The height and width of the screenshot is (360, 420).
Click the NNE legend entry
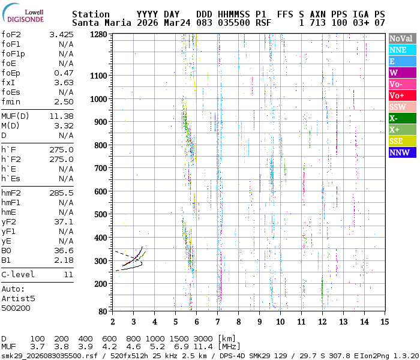(x=402, y=50)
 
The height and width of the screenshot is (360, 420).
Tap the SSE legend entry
(x=402, y=141)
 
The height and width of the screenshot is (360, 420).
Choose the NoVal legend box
(x=402, y=38)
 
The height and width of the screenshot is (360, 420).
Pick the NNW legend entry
(x=402, y=152)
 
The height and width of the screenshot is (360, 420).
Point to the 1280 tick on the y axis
(x=98, y=35)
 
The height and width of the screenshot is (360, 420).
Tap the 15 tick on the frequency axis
(x=384, y=322)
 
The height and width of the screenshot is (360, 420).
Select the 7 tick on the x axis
(x=217, y=322)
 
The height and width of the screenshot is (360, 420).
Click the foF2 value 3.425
(x=61, y=35)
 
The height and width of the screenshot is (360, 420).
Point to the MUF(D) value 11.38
(x=61, y=116)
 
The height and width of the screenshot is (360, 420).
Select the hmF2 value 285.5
(x=61, y=193)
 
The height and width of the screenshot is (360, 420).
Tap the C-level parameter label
(x=18, y=274)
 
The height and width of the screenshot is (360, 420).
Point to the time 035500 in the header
(x=233, y=23)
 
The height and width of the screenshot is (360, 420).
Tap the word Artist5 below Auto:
(x=18, y=298)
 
